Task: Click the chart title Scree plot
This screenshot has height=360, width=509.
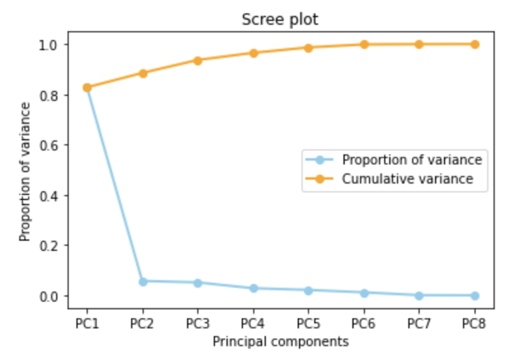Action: pyautogui.click(x=280, y=20)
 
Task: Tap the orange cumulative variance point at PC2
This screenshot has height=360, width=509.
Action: pyautogui.click(x=143, y=73)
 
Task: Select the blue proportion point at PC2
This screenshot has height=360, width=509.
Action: pyautogui.click(x=143, y=282)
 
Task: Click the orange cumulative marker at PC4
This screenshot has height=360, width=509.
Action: pyautogui.click(x=253, y=53)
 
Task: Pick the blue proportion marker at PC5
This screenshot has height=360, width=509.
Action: pyautogui.click(x=308, y=291)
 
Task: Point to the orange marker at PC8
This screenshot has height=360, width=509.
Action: pyautogui.click(x=475, y=44)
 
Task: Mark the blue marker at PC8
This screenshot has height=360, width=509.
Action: pyautogui.click(x=475, y=296)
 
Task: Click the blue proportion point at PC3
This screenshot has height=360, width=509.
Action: pyautogui.click(x=198, y=283)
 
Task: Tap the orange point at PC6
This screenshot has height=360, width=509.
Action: pyautogui.click(x=364, y=44)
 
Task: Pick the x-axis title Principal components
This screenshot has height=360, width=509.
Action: pyautogui.click(x=281, y=341)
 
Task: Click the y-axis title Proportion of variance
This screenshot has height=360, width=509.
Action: pyautogui.click(x=25, y=171)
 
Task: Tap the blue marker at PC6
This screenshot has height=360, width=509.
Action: pyautogui.click(x=364, y=293)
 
